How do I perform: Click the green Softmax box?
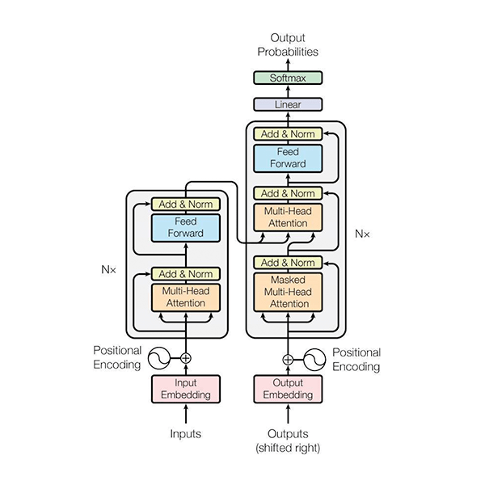pos(288,78)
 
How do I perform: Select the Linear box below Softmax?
pos(288,104)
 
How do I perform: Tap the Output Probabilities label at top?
pos(288,44)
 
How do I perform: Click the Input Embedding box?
pos(186,389)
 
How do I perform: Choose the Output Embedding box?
pos(288,389)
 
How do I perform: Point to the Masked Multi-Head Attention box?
pos(288,291)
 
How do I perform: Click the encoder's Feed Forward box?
pos(186,227)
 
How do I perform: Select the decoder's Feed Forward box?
pos(288,158)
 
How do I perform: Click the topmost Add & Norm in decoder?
pos(288,133)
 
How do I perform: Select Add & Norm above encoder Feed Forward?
pos(186,204)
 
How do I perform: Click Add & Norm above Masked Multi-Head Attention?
pos(288,263)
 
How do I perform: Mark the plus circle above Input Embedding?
pos(186,357)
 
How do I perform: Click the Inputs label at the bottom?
pos(186,434)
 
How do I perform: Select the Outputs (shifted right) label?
pos(288,441)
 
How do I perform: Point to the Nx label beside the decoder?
pos(362,234)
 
